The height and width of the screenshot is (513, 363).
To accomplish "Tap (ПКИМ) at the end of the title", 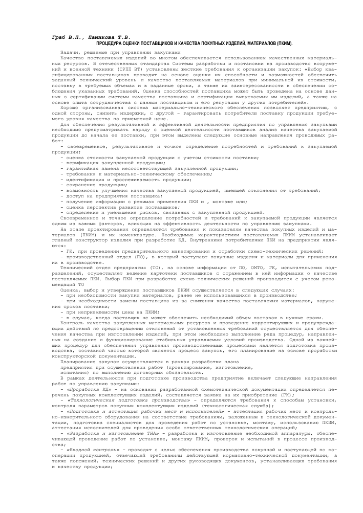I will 283,43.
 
